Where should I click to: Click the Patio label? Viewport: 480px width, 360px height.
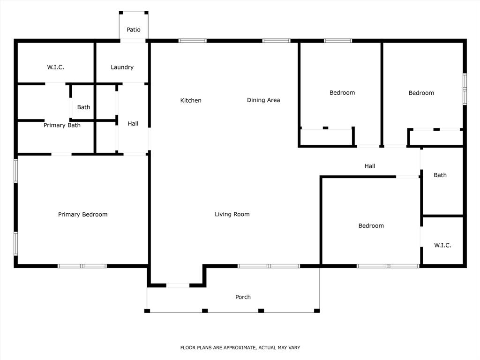[x=134, y=30]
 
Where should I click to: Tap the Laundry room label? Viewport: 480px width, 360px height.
[x=122, y=67]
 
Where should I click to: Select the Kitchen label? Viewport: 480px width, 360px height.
[x=191, y=100]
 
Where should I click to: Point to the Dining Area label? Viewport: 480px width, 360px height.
[x=263, y=100]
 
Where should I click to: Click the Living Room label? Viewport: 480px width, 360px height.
[x=232, y=214]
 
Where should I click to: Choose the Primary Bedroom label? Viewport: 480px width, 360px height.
[x=82, y=214]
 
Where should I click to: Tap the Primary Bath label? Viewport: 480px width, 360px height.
[x=62, y=125]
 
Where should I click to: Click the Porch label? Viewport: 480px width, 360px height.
[x=243, y=297]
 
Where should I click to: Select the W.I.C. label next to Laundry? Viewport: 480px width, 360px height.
[x=55, y=67]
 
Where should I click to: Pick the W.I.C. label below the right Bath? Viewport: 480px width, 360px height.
[x=442, y=245]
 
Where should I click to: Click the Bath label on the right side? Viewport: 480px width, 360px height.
[x=440, y=175]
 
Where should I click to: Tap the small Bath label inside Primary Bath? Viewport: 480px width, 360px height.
[x=83, y=107]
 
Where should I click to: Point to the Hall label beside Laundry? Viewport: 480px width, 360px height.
[x=133, y=124]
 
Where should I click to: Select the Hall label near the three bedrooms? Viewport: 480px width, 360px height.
[x=370, y=166]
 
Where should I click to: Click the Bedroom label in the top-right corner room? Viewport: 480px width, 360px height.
[x=421, y=93]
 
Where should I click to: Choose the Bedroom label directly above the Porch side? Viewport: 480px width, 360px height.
[x=371, y=225]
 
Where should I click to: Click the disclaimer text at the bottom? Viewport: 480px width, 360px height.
[x=240, y=348]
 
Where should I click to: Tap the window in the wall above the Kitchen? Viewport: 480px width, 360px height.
[x=192, y=41]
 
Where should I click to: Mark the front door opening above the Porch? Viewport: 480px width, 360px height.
[x=178, y=285]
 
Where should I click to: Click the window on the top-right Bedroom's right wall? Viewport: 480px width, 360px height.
[x=465, y=88]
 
